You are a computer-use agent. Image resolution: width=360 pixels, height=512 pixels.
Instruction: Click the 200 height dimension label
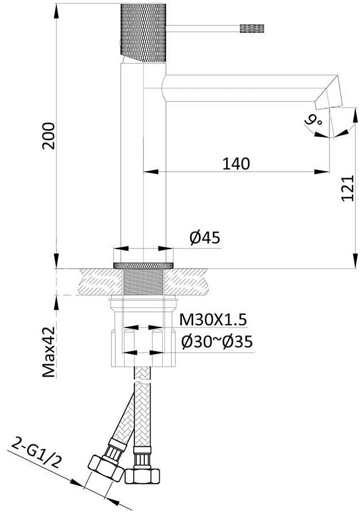48,135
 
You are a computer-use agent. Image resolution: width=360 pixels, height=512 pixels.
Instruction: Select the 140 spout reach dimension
236,163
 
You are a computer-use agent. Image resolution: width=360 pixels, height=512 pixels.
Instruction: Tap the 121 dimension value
347,189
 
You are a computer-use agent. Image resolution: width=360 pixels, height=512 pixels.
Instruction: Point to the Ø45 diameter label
205,238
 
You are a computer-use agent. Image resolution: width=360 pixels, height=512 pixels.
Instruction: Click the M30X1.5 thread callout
213,320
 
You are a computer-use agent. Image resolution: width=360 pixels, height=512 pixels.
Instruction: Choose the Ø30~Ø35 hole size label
217,342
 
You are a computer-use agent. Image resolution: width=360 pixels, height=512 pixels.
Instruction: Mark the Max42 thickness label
48,352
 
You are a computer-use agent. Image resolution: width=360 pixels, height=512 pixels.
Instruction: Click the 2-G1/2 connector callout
36,454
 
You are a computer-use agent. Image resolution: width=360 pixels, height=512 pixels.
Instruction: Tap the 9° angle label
313,122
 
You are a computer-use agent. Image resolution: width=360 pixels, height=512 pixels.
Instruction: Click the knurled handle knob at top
144,33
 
